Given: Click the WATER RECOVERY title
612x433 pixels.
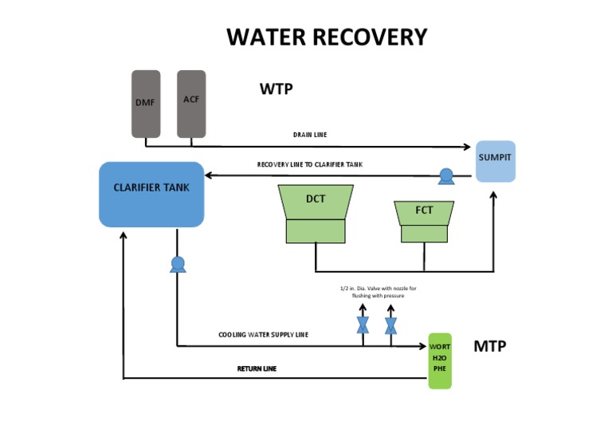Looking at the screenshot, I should (x=327, y=37).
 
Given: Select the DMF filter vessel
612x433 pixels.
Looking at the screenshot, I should (x=146, y=104).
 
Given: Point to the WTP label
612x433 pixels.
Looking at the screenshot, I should (x=276, y=89).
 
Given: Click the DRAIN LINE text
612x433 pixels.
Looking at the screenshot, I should (x=310, y=135).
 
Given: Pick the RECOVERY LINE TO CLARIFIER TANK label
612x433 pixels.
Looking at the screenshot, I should (x=309, y=164).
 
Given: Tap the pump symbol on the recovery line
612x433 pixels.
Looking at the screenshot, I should (x=445, y=175).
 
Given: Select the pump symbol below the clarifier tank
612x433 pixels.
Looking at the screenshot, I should (x=177, y=264).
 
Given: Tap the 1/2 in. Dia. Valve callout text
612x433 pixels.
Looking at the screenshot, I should (x=373, y=291).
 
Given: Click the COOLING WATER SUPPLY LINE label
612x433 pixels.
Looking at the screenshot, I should (x=263, y=335).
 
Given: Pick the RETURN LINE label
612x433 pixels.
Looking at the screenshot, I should (x=257, y=368).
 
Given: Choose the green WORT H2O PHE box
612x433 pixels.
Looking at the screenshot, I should (x=440, y=360).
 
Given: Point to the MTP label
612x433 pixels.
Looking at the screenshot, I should (x=490, y=346).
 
